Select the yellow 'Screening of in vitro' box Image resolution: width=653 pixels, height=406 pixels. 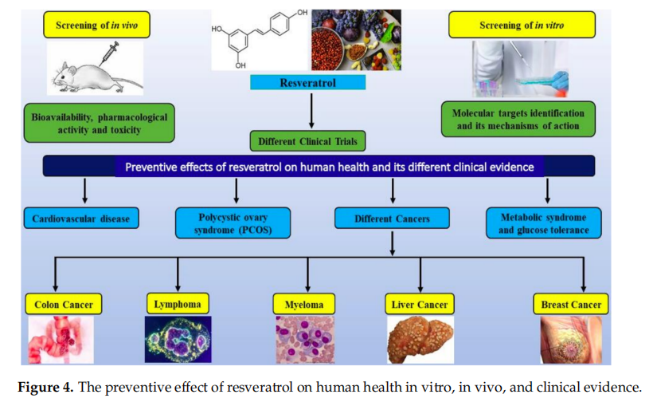tap(521, 25)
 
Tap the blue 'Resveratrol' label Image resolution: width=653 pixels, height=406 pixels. tap(308, 82)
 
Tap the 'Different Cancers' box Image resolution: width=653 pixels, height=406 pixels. tap(392, 218)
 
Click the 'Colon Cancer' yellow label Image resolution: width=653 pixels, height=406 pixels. tap(63, 304)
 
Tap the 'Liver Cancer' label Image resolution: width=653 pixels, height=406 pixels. tap(419, 304)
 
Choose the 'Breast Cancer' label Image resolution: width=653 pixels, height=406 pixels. tap(570, 304)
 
